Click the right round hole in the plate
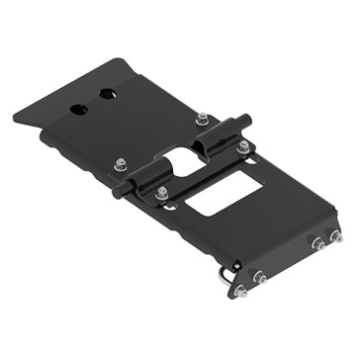106,95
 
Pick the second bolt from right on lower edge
318,243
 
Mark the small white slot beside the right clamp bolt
253,158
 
